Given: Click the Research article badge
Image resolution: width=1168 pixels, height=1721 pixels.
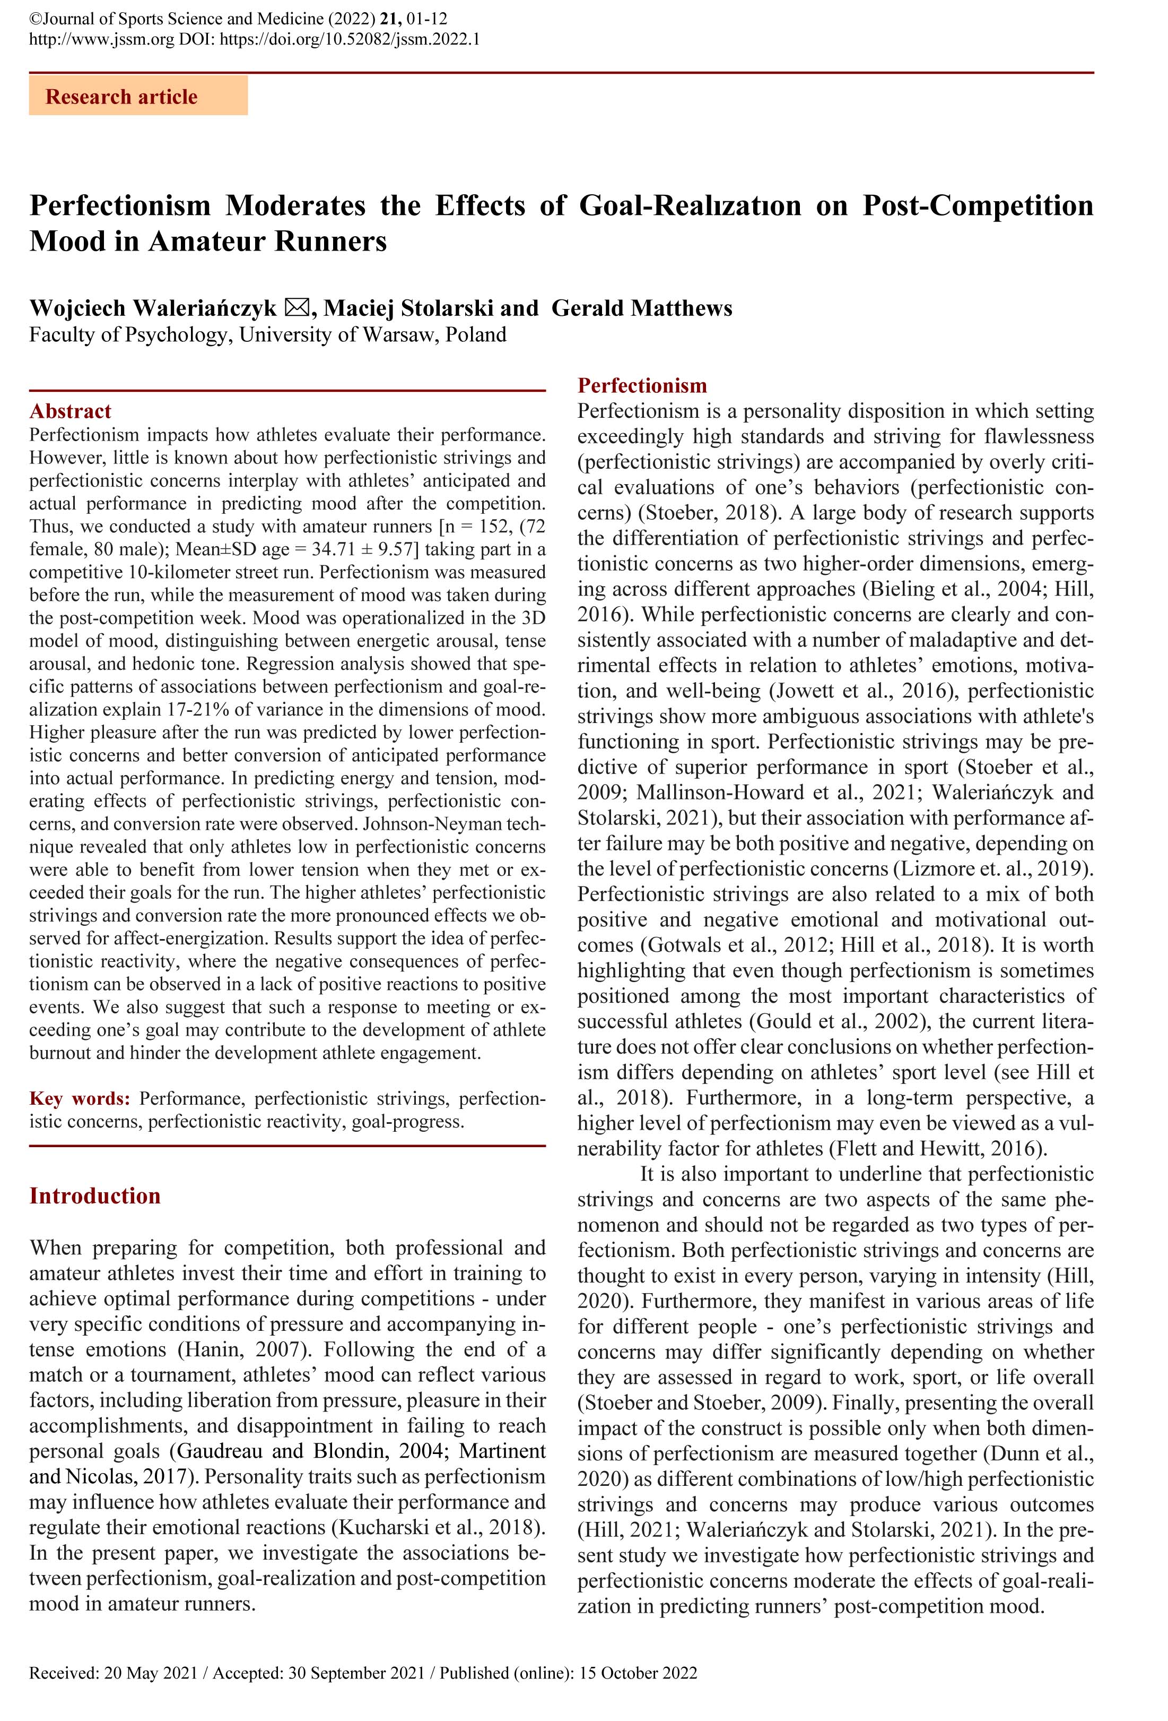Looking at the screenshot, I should coord(138,97).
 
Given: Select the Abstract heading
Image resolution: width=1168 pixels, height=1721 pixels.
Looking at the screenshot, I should coord(71,411).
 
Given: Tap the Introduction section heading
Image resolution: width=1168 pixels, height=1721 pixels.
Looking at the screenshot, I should coord(95,1196).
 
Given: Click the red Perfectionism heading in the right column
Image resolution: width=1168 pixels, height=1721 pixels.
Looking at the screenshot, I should coord(642,386).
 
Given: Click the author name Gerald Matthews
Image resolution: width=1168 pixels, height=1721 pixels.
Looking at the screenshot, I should coord(642,308).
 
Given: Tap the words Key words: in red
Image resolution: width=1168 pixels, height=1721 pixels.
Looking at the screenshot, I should coord(80,1098).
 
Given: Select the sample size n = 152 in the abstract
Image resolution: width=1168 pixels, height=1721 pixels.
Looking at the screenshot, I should coord(466,527).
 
